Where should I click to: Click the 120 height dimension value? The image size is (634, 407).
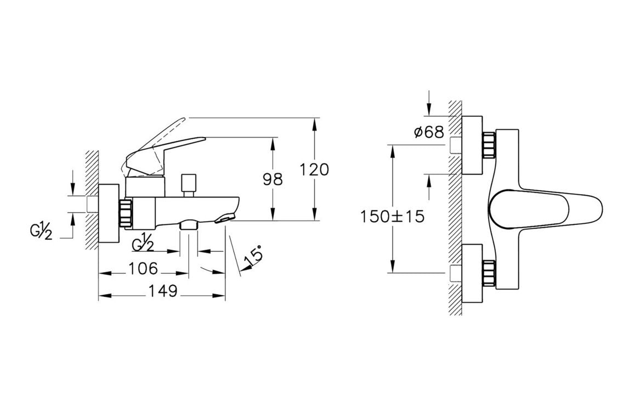314,169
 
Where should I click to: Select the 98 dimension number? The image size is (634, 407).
273,179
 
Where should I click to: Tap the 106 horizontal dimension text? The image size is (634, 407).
143,268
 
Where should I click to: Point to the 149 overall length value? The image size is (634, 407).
162,291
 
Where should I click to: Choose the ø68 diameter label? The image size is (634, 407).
429,132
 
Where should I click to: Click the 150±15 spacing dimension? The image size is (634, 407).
392,217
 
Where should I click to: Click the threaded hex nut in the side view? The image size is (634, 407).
126,212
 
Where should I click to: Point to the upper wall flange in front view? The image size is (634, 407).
472,145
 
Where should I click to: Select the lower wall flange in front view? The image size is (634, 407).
472,273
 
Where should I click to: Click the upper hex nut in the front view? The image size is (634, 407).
489,145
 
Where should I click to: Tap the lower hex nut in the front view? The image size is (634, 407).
489,274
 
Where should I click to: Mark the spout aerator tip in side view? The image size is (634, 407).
225,218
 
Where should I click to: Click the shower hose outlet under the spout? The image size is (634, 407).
189,224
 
